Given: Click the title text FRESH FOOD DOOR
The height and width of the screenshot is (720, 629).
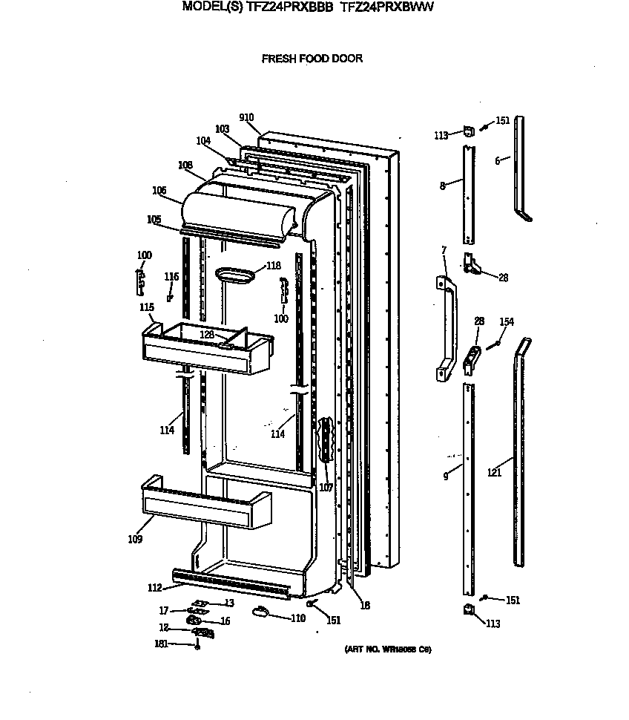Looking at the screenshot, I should point(312,59).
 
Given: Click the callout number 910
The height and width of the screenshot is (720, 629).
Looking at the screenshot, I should point(247,117).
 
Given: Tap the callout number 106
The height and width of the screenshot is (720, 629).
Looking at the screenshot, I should point(159,190).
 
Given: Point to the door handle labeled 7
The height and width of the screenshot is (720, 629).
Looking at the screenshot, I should point(447,327).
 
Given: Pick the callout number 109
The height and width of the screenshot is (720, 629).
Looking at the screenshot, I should point(134,539).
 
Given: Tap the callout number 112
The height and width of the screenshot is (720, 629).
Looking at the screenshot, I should point(154,588).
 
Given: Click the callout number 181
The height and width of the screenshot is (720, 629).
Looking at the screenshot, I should point(161,644).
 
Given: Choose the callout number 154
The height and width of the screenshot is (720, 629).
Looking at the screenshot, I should point(506,321).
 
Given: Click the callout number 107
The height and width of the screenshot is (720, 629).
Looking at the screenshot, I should point(325,488).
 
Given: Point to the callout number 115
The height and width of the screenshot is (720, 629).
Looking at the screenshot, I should point(147,307).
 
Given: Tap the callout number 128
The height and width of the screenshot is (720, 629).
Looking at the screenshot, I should point(207,335).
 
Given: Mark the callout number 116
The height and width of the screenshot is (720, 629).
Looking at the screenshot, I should point(171,277).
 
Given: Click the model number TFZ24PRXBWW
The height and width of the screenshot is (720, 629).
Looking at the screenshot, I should point(386,7).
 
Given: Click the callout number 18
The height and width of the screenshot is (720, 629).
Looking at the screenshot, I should point(364,606).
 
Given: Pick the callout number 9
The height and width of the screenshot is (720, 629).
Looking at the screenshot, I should point(445,477).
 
